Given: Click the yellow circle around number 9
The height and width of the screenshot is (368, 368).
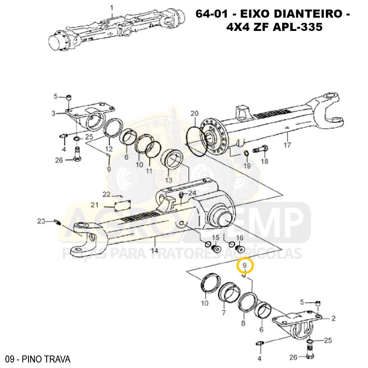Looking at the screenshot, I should coord(245,265).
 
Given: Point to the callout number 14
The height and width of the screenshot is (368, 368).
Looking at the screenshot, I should coord(155,251).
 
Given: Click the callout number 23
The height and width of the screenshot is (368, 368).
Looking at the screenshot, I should coord(41,221).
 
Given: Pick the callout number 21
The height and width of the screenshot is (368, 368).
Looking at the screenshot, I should coord(95,205).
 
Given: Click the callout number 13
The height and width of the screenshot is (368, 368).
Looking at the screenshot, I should coord(169,180).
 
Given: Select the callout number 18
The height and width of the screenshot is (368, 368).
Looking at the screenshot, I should coord(265,161).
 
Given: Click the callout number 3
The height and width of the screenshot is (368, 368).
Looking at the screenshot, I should coord(53,113).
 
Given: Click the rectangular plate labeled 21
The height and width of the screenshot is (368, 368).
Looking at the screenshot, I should coord(122,205).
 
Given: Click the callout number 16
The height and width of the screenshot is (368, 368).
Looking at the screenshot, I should coord(240,237).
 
